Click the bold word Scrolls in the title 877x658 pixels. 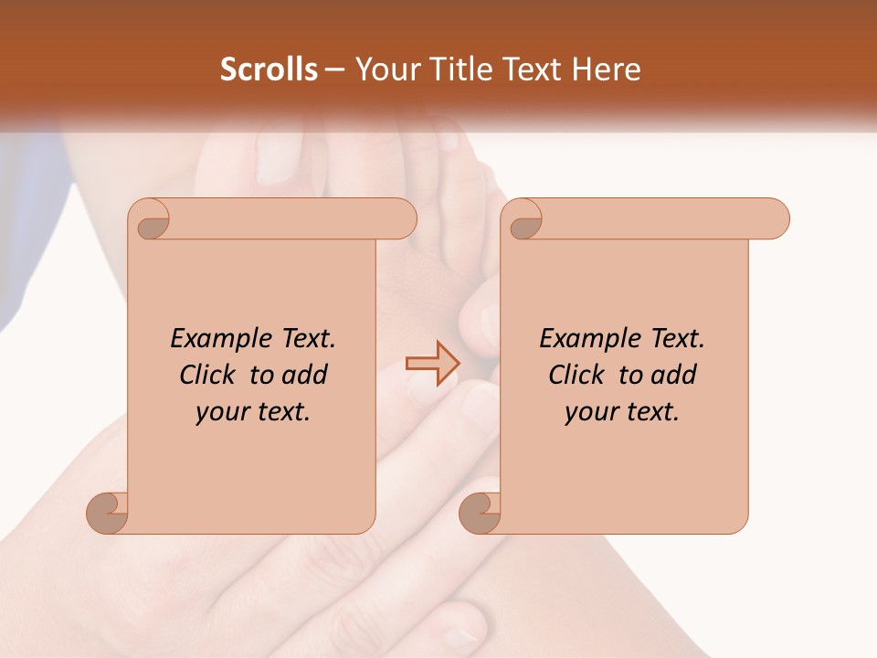[269, 69]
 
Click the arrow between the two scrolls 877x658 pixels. [432, 364]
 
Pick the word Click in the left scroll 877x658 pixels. [209, 375]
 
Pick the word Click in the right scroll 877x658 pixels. [578, 375]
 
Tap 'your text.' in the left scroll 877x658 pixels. [253, 412]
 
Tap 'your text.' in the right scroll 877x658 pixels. [622, 412]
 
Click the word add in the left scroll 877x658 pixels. [305, 375]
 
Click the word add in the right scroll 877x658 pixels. [674, 375]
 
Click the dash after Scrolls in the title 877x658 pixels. [334, 69]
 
